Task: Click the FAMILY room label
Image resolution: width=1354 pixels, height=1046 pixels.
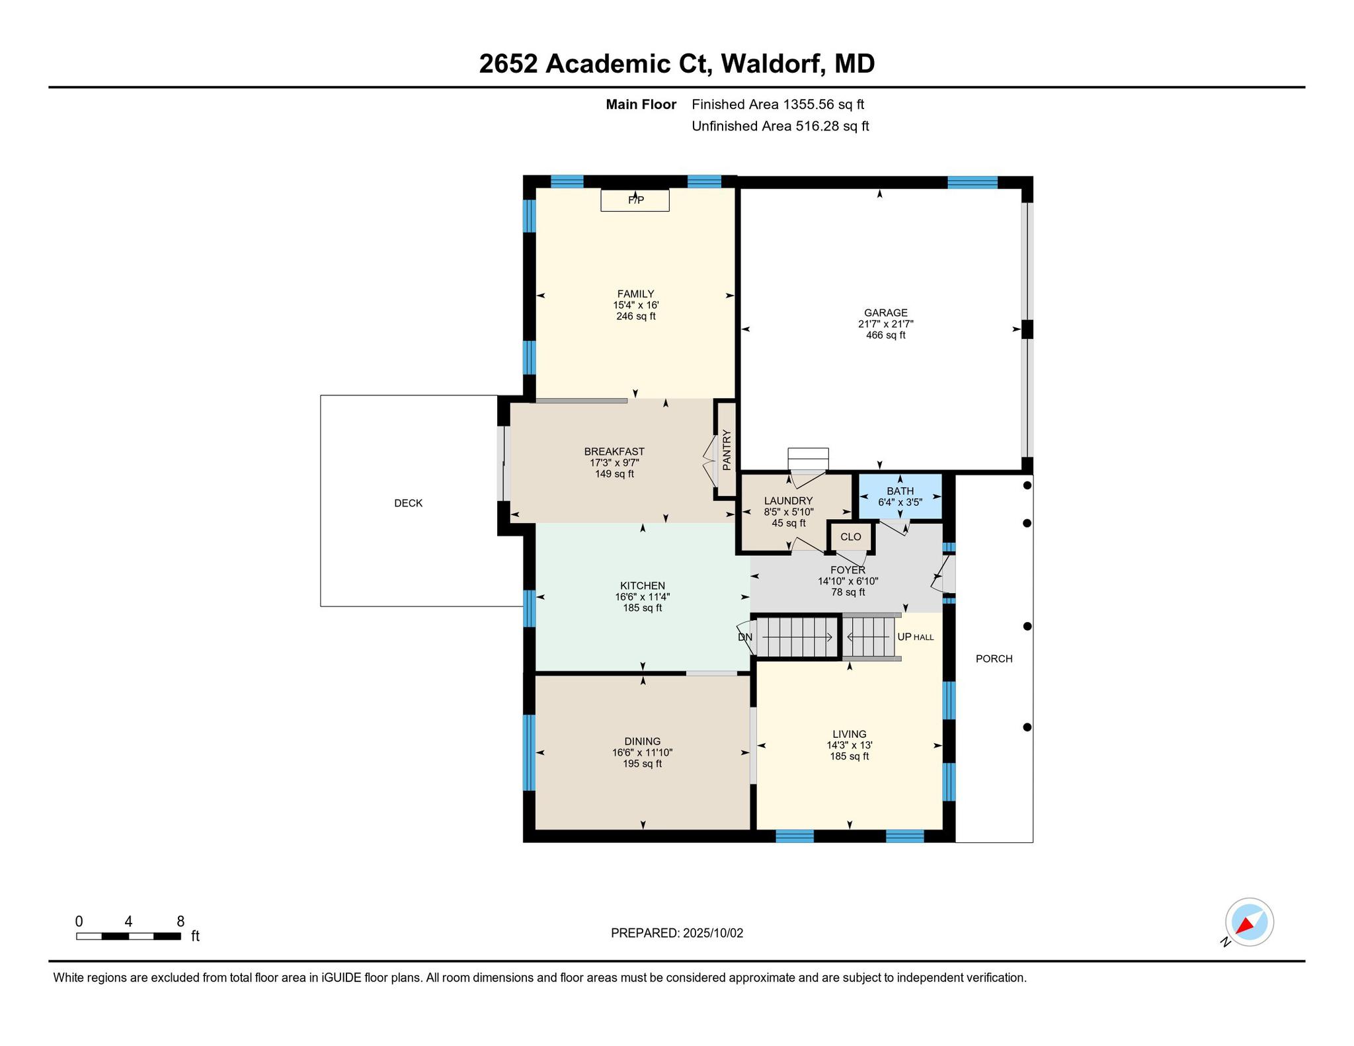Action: tap(635, 294)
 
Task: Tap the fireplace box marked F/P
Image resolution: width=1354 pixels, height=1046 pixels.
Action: tap(635, 200)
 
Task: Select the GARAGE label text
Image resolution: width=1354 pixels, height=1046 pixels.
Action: tap(885, 313)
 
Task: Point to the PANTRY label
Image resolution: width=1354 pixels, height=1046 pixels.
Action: tap(727, 450)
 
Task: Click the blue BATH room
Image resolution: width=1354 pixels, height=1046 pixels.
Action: tap(900, 496)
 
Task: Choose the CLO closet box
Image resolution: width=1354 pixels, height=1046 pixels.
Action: tap(851, 537)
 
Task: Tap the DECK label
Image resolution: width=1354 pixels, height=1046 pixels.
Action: tap(408, 503)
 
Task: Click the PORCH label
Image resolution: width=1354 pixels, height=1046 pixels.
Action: tap(994, 659)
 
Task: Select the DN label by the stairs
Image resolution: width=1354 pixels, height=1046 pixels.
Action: tap(745, 637)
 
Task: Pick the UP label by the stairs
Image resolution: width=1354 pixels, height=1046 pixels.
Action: tap(904, 637)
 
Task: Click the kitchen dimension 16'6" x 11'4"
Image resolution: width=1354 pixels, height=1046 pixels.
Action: tap(642, 597)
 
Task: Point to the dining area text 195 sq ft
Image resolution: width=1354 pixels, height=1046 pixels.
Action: tap(642, 764)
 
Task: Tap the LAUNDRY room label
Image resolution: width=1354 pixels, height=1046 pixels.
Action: tap(788, 501)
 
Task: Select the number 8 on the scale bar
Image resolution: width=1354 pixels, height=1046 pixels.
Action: tap(180, 922)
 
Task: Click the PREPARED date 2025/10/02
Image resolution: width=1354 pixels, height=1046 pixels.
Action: tap(713, 933)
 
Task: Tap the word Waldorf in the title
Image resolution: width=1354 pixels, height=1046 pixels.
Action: tap(773, 64)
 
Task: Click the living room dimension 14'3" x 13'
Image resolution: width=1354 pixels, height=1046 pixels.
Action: tap(849, 745)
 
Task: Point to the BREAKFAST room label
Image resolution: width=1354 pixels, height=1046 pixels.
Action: tap(614, 452)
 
